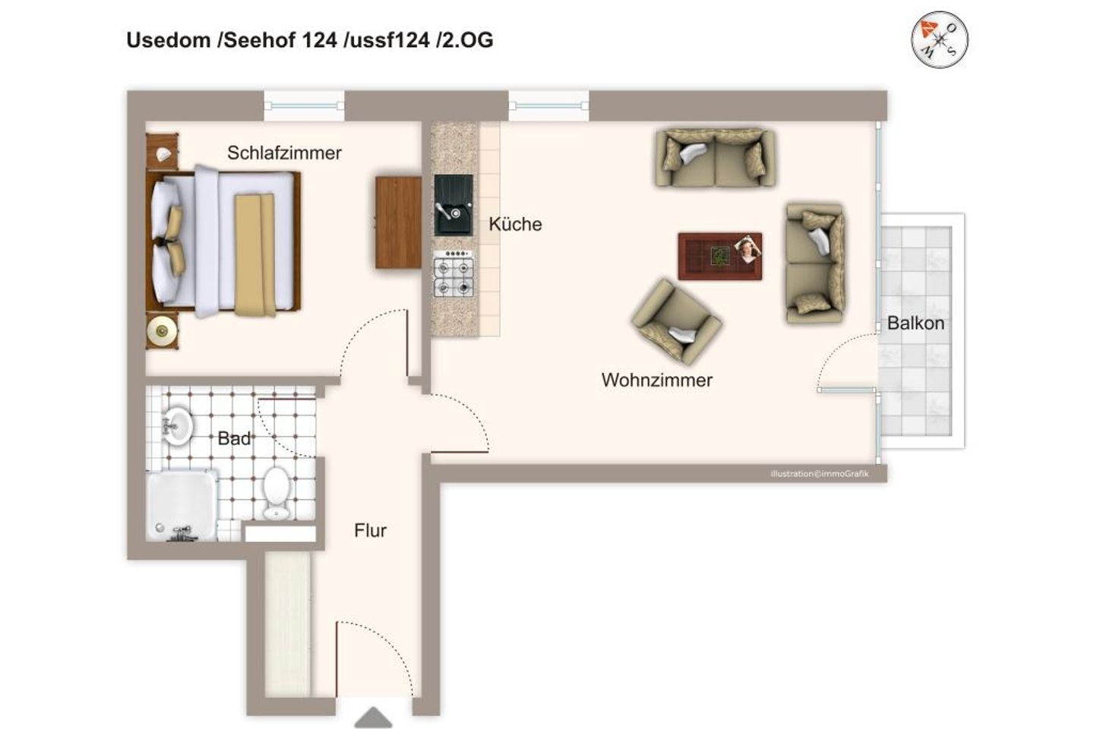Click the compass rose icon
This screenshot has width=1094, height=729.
[x=939, y=39]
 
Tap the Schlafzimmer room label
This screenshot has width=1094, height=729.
[x=284, y=153]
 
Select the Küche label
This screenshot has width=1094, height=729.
[x=515, y=224]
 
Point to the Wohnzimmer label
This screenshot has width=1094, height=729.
[x=656, y=380]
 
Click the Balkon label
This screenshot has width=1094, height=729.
[x=915, y=323]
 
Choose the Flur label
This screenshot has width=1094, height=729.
[x=370, y=530]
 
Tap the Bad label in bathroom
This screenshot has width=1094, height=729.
[x=233, y=438]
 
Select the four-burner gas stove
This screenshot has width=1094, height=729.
[x=454, y=276]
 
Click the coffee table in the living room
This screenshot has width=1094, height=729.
[x=719, y=256]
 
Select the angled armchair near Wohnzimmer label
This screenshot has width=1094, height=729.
[x=675, y=320]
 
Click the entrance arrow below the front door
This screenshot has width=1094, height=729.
[x=373, y=718]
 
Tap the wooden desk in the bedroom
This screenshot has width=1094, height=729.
[x=397, y=222]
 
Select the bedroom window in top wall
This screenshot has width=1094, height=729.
[x=304, y=106]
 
